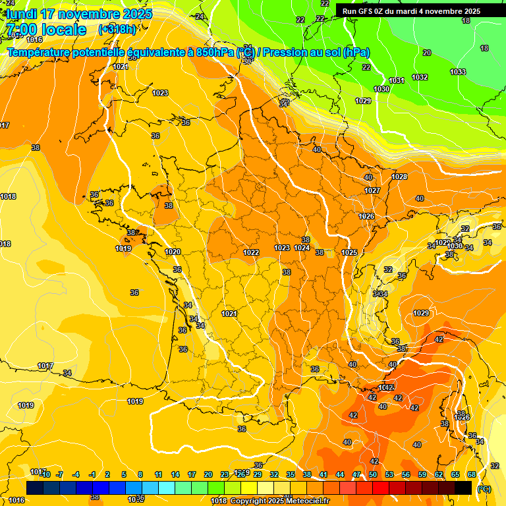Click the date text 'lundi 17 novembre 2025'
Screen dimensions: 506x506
pos(79,14)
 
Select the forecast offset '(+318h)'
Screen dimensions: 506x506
pos(117,30)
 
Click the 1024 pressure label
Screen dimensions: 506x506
pos(302,248)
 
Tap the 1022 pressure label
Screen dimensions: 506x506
pos(251,252)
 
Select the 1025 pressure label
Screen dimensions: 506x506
pos(349,252)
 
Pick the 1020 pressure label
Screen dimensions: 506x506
pos(173,252)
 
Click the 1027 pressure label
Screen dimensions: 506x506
pos(373,190)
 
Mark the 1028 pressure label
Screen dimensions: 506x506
pos(399,177)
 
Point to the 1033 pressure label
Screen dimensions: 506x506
pos(458,72)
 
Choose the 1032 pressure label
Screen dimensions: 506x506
pos(420,77)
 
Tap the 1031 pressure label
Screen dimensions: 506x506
pos(397,80)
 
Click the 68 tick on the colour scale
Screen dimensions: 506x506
pos(472,474)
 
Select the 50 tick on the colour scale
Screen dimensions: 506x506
pos(373,474)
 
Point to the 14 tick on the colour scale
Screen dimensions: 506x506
pos(175,474)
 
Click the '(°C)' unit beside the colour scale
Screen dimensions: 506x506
pos(484,489)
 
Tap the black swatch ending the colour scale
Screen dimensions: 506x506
pos(463,488)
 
